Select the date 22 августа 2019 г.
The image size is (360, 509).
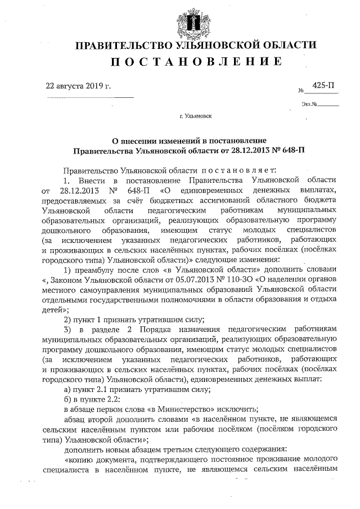[x=78, y=87]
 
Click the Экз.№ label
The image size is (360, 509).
[x=310, y=104]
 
